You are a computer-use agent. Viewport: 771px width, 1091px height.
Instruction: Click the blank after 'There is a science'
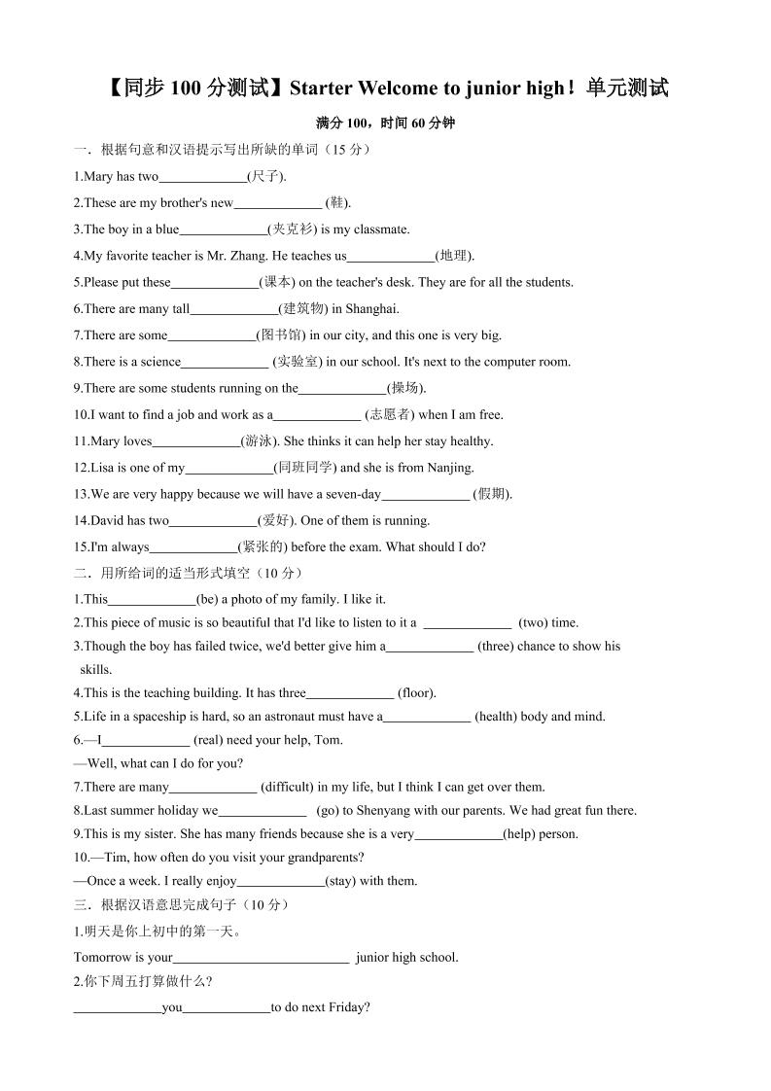pyautogui.click(x=225, y=362)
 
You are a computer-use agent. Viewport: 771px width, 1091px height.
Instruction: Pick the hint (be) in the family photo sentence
pyautogui.click(x=212, y=599)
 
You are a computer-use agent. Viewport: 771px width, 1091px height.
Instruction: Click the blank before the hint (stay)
pyautogui.click(x=281, y=881)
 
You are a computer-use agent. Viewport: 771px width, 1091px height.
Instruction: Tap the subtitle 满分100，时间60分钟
pyautogui.click(x=386, y=123)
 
